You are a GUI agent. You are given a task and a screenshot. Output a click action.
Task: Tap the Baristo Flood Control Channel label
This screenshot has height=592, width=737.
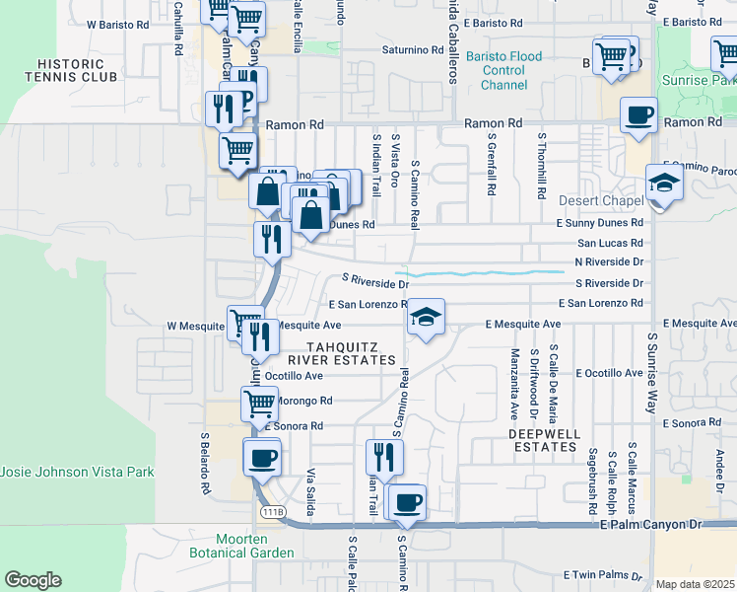[x=503, y=71]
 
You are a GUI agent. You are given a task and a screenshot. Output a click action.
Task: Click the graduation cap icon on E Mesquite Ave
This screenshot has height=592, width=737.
[x=426, y=317]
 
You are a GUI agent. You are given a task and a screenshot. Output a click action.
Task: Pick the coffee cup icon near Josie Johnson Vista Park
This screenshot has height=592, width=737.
[x=263, y=458]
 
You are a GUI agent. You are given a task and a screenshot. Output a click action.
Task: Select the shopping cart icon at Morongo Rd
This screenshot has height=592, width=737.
[x=259, y=403]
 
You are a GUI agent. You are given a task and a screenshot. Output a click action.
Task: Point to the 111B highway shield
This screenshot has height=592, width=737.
[x=273, y=512]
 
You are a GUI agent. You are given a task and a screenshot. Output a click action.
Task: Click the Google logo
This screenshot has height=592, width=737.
[x=33, y=580]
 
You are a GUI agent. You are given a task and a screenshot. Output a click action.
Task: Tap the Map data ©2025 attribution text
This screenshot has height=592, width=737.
[x=696, y=584]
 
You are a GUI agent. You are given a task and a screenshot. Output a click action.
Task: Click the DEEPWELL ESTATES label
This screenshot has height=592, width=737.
[x=543, y=440]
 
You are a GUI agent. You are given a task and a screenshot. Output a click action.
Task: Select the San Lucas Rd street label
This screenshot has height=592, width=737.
[x=610, y=242]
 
